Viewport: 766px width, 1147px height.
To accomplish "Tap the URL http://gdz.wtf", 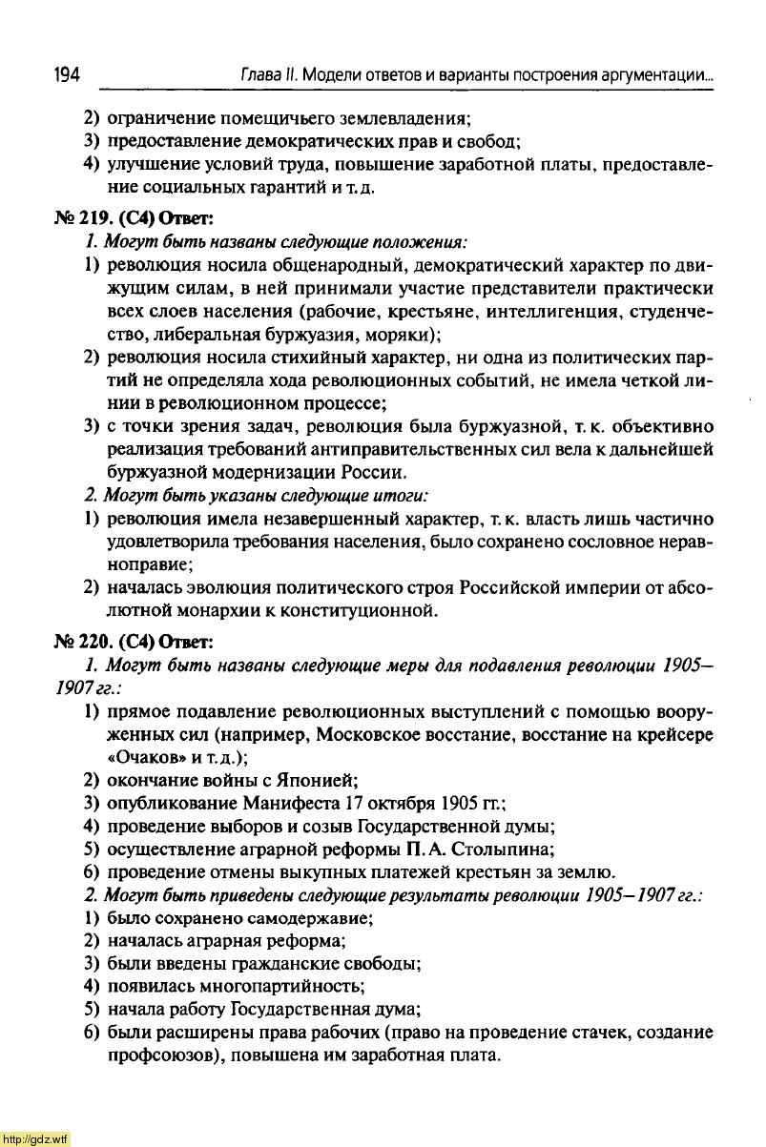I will click(35, 1138).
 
